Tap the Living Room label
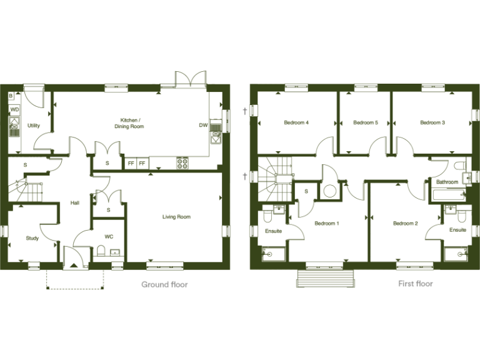[x=176, y=217]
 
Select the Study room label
[x=32, y=238]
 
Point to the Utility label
[x=34, y=126]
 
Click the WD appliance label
[x=14, y=110]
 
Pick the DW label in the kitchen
[x=203, y=126]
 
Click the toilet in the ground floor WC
[x=101, y=252]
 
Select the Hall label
[x=75, y=202]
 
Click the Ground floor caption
[x=164, y=284]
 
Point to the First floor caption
[x=416, y=284]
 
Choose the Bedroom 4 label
[x=296, y=122]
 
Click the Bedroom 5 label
[x=366, y=122]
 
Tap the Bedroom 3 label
[x=432, y=122]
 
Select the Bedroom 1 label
[x=326, y=223]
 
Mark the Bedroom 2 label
[x=405, y=223]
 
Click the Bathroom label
[x=447, y=182]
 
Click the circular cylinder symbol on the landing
[x=329, y=191]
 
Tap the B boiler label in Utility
[x=11, y=96]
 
